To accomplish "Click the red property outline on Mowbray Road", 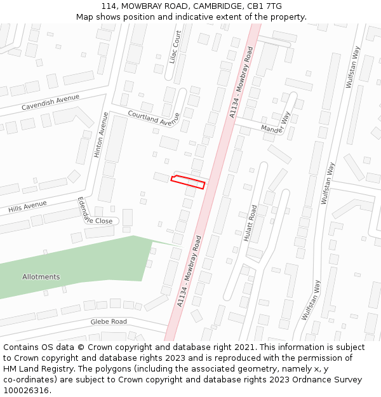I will [x=188, y=182].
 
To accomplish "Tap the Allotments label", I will [x=41, y=277].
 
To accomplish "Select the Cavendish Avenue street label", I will [x=50, y=102].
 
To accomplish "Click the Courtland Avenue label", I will [x=154, y=118].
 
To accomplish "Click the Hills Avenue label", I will [x=28, y=207].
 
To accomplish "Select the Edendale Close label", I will [x=95, y=213].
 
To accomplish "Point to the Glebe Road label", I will [x=109, y=322].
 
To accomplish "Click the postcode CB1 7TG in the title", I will [x=265, y=6].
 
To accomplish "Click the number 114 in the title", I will [x=108, y=6].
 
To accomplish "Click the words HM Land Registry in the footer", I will [x=36, y=369].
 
